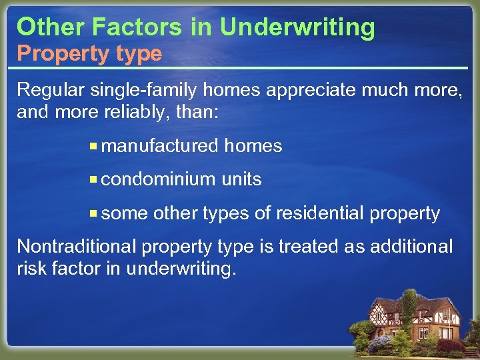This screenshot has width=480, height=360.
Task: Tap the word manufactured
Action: tap(161, 145)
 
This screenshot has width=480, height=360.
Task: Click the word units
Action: tap(241, 179)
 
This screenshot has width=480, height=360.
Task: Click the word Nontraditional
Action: tap(75, 247)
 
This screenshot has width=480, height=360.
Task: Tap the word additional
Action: tap(408, 247)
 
